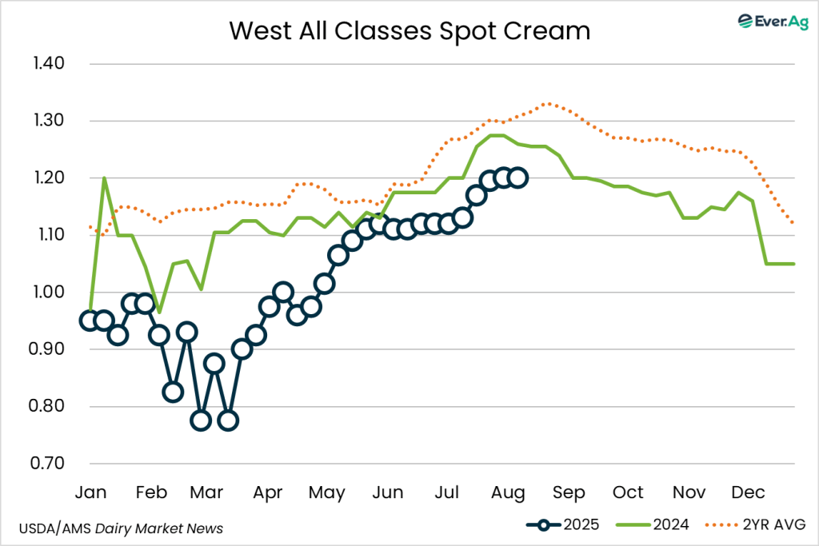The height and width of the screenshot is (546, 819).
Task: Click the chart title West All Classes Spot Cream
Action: pos(409,30)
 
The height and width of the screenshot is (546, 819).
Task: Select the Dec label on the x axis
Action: pos(748,492)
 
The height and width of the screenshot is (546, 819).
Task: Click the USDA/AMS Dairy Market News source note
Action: pos(121,528)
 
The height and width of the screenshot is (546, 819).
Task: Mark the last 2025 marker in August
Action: pos(517,177)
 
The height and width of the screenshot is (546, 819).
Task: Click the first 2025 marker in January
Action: pos(90,321)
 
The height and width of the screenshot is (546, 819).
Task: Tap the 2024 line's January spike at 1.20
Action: pos(104,178)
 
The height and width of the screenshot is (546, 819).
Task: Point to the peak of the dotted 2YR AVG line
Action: pos(546,103)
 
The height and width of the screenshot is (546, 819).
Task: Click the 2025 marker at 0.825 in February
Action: pos(173,392)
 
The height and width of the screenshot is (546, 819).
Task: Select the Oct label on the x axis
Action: pos(628,492)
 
